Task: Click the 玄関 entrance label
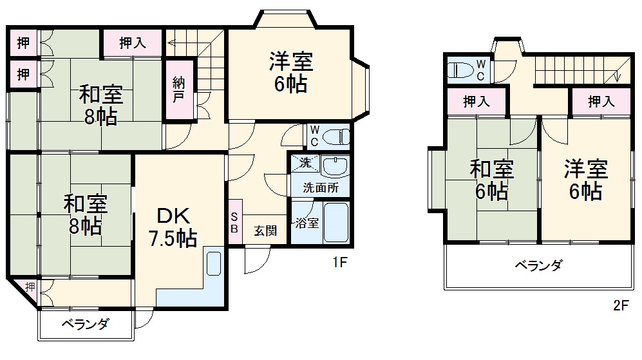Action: point(265,230)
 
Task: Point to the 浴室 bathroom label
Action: point(306,224)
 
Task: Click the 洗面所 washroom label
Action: point(319,188)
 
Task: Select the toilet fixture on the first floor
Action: point(337,136)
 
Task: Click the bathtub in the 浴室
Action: point(335,223)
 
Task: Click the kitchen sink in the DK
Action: point(214,263)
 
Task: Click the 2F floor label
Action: point(620,306)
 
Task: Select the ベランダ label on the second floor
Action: point(538,265)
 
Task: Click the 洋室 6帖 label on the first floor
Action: point(290,73)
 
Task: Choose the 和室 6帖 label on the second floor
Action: point(491,180)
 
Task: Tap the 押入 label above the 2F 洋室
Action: point(601,101)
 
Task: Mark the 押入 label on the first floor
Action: point(133,43)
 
